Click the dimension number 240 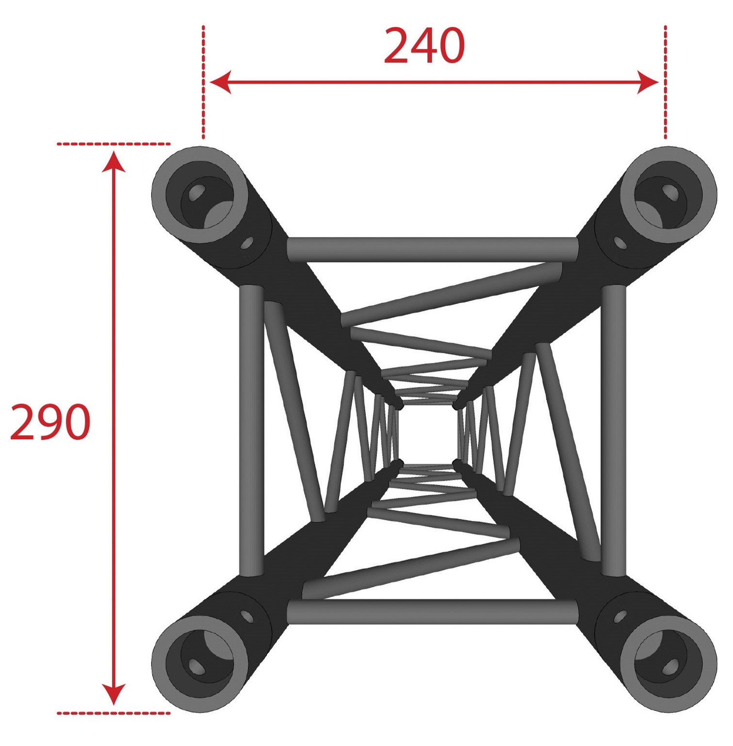pyautogui.click(x=424, y=46)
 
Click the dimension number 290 pyautogui.click(x=50, y=422)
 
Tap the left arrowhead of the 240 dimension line pyautogui.click(x=220, y=83)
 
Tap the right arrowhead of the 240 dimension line pyautogui.click(x=648, y=83)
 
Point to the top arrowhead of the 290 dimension pyautogui.click(x=114, y=162)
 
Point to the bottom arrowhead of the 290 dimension pyautogui.click(x=114, y=695)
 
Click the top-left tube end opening pyautogui.click(x=200, y=195)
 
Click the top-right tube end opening pyautogui.click(x=668, y=195)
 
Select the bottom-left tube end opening pyautogui.click(x=200, y=663)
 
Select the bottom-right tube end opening pyautogui.click(x=668, y=663)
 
